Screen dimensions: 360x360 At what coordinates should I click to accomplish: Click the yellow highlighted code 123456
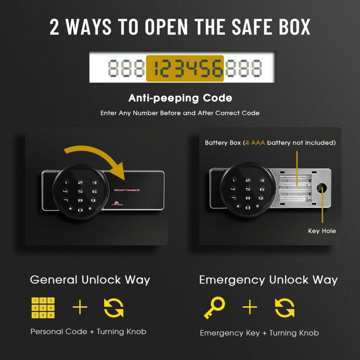185,68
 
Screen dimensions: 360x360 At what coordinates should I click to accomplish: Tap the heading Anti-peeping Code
180,98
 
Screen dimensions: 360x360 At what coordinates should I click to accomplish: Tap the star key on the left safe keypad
71,209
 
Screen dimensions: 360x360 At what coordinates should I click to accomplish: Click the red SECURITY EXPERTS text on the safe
127,191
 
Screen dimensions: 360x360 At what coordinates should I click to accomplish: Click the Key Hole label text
322,231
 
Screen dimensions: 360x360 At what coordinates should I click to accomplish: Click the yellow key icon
214,308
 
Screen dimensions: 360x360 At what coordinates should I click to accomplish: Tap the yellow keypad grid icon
43,308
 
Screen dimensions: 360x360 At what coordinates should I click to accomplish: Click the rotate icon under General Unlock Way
114,308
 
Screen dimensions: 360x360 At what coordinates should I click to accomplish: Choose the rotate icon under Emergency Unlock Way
284,308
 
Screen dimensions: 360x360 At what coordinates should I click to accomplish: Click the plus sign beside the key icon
250,308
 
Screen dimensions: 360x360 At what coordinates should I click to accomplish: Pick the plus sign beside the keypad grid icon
80,308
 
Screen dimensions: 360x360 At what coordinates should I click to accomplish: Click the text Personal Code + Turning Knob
88,332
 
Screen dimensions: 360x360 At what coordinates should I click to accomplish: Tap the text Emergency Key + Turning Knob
259,333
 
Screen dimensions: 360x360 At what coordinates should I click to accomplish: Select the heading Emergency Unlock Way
268,280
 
